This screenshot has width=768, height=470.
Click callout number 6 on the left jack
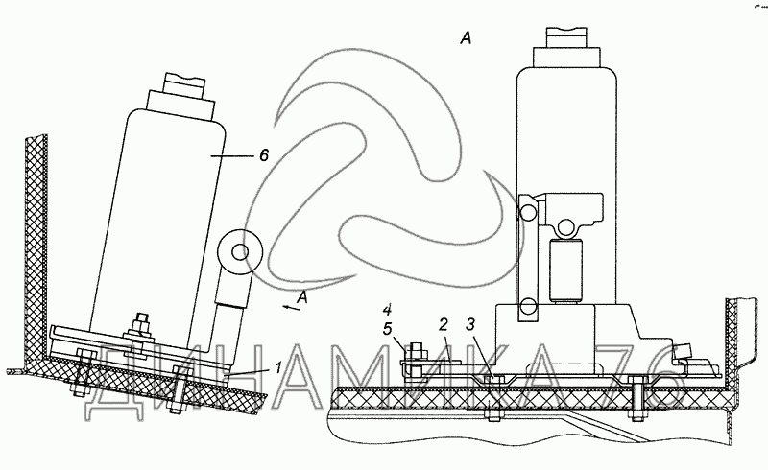262,156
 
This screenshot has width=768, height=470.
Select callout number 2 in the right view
444,324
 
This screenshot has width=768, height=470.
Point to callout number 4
387,309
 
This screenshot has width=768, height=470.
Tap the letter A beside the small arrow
303,297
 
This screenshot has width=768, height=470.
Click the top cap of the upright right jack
570,39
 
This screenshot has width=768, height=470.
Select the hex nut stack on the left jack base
141,331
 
